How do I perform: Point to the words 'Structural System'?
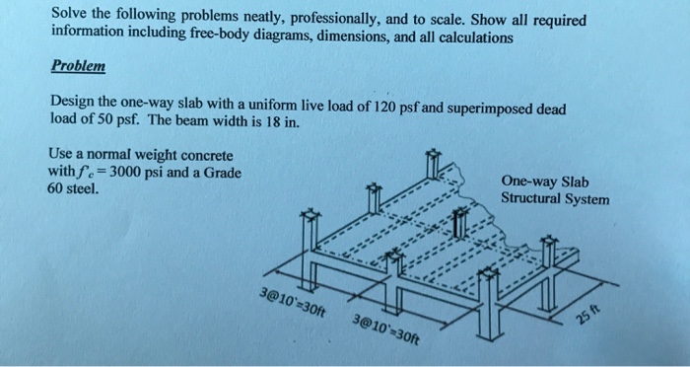click(554, 198)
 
